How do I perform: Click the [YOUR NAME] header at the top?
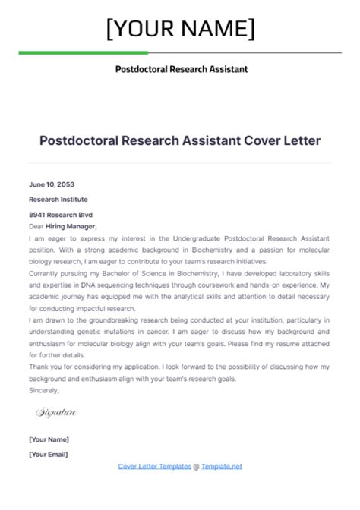click(x=180, y=29)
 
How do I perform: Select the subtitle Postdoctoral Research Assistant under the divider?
click(x=181, y=69)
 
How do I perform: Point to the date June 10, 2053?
click(x=52, y=184)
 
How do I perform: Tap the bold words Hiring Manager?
click(x=72, y=226)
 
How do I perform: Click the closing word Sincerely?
click(x=44, y=390)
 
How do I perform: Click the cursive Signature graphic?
click(x=55, y=413)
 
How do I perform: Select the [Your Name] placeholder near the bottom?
click(x=49, y=439)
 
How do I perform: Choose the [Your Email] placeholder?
click(x=49, y=454)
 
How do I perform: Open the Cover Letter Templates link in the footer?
click(x=155, y=466)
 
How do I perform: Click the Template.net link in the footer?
click(x=222, y=466)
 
